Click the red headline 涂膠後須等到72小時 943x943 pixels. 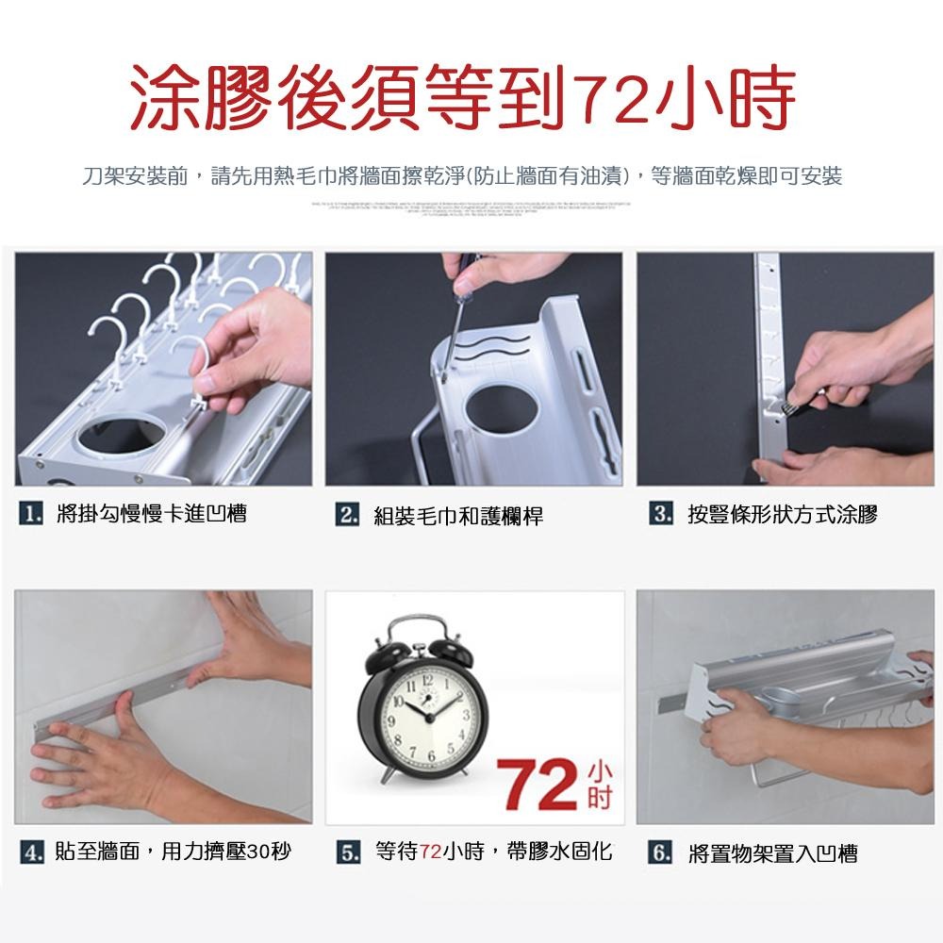[x=462, y=98]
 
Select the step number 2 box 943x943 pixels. [x=348, y=515]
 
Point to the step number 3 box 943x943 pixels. [x=661, y=514]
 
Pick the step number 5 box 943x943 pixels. [x=348, y=852]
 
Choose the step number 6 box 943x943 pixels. [x=661, y=853]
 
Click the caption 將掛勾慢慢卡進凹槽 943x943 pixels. [x=151, y=514]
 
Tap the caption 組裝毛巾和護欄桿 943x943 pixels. [x=458, y=516]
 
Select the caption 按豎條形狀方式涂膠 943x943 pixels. [x=782, y=515]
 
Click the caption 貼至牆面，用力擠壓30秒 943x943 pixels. [x=174, y=852]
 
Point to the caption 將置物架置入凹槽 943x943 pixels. [x=772, y=854]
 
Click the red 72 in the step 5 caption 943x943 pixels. [x=431, y=852]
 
